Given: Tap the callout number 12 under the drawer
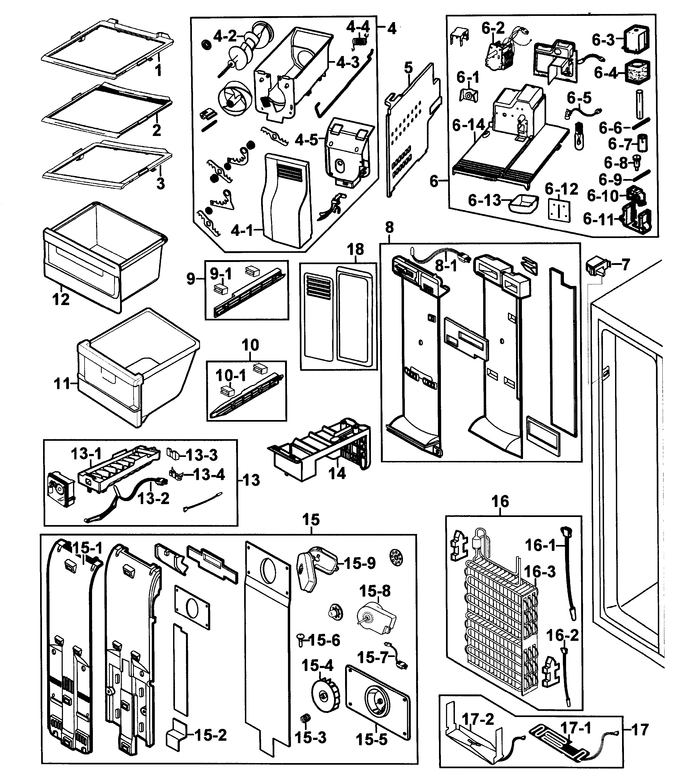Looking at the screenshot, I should tap(61, 300).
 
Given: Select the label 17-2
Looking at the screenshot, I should tap(478, 719).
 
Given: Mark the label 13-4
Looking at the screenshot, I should tap(209, 475).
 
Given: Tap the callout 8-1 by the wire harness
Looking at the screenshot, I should tap(446, 266).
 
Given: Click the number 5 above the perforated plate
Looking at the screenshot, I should tap(408, 68).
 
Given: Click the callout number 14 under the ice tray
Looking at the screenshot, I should tap(337, 473).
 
